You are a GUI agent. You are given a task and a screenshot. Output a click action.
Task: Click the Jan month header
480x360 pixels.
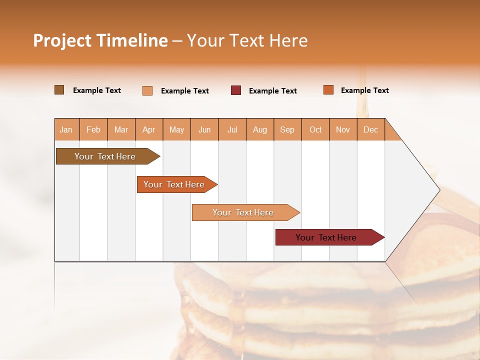pyautogui.click(x=66, y=129)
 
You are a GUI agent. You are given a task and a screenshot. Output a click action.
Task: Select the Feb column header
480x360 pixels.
pyautogui.click(x=93, y=129)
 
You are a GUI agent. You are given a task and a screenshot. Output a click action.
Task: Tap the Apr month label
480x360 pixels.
pyautogui.click(x=148, y=129)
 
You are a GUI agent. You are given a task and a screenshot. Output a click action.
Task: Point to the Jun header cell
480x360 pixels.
pyautogui.click(x=204, y=129)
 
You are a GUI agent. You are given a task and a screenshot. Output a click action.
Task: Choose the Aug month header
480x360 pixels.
pyautogui.click(x=259, y=129)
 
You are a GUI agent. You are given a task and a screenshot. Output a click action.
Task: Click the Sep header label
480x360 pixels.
pyautogui.click(x=287, y=129)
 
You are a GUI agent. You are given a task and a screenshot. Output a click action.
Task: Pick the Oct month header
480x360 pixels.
pyautogui.click(x=315, y=129)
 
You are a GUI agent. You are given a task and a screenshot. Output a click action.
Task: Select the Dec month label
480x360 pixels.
pyautogui.click(x=370, y=129)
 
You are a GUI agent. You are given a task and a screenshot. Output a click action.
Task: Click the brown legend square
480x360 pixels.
pyautogui.click(x=59, y=90)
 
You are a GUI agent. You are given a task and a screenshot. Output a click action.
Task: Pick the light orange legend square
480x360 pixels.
pyautogui.click(x=147, y=90)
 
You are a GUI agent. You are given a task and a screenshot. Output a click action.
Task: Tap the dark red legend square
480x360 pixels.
pyautogui.click(x=236, y=90)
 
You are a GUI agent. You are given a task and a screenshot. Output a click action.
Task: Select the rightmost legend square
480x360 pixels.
pyautogui.click(x=328, y=90)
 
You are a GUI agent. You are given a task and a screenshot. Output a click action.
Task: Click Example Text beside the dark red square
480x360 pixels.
pyautogui.click(x=272, y=91)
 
